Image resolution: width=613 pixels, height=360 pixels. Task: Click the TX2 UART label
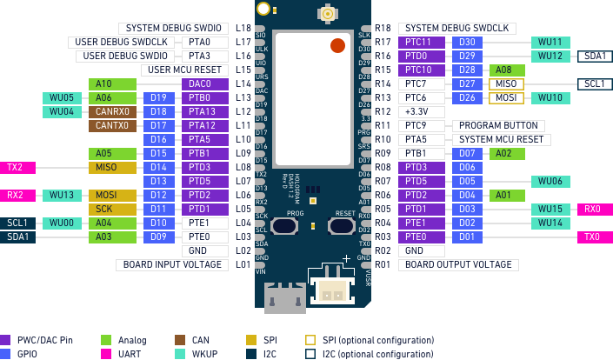pyautogui.click(x=17, y=167)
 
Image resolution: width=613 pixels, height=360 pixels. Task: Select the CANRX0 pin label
pyautogui.click(x=112, y=111)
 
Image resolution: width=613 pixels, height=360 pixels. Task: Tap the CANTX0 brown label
pyautogui.click(x=112, y=125)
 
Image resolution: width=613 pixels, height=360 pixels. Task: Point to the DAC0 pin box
pyautogui.click(x=205, y=84)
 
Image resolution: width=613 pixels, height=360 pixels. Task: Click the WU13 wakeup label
pyautogui.click(x=62, y=195)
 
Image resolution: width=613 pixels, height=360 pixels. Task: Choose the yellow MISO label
pyautogui.click(x=112, y=167)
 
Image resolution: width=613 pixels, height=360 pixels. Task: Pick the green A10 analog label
pyautogui.click(x=112, y=84)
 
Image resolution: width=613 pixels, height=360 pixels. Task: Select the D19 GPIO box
pyautogui.click(x=159, y=98)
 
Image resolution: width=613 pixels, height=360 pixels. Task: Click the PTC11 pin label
pyautogui.click(x=422, y=42)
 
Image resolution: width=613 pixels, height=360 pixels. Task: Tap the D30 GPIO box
pyautogui.click(x=467, y=42)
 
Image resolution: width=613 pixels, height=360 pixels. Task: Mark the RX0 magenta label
pyautogui.click(x=595, y=209)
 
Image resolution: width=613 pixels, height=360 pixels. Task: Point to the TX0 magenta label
pyautogui.click(x=595, y=237)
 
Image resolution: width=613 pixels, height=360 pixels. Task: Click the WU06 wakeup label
pyautogui.click(x=550, y=181)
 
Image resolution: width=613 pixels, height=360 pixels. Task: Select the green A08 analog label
pyautogui.click(x=506, y=70)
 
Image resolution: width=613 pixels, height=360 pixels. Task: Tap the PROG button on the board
pyautogui.click(x=284, y=226)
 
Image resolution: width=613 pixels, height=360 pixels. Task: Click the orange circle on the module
pyautogui.click(x=337, y=45)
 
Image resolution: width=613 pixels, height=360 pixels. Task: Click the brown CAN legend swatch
pyautogui.click(x=180, y=340)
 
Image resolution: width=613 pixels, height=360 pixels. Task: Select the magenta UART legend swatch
pyautogui.click(x=106, y=354)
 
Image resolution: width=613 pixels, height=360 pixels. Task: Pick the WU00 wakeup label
pyautogui.click(x=62, y=223)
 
